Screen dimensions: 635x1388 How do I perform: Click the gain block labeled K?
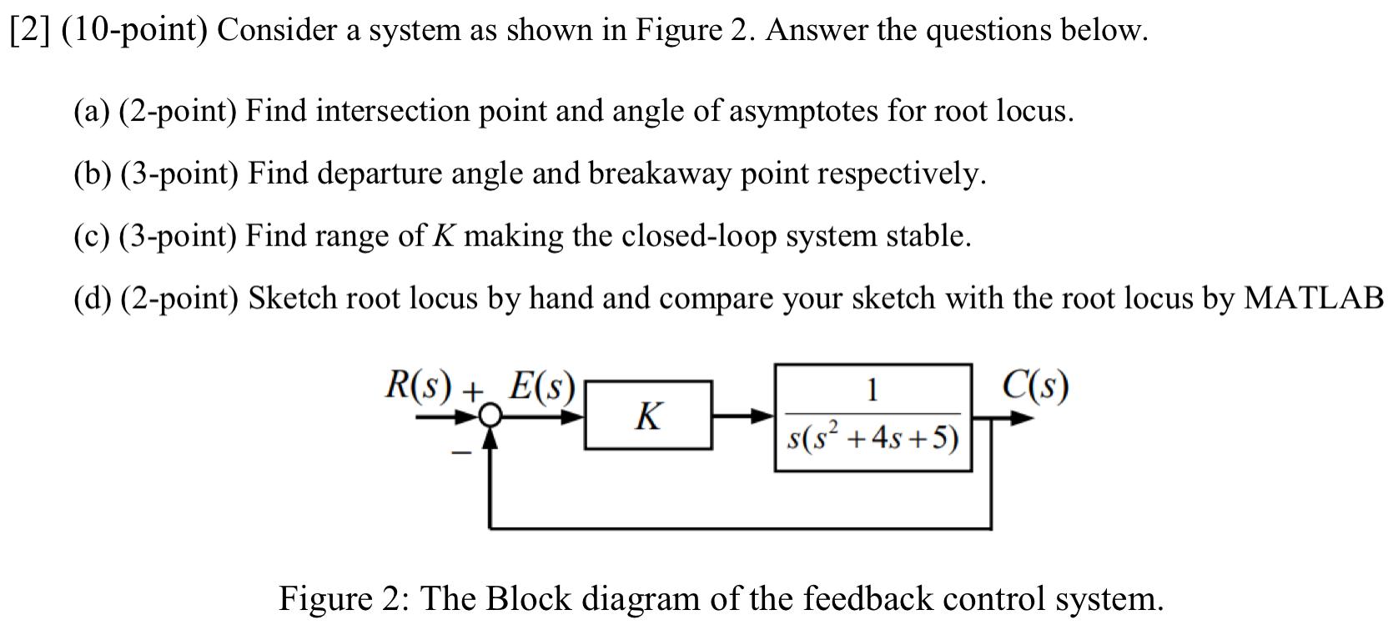649,415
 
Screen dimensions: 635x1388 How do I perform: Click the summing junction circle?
492,416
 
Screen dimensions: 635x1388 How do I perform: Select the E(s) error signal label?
542,386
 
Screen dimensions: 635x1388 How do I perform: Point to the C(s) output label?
1035,386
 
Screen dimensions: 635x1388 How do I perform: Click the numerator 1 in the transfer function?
872,390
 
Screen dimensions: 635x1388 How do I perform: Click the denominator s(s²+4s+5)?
873,437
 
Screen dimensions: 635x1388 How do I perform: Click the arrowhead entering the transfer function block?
764,415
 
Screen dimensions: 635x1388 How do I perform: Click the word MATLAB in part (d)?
1313,298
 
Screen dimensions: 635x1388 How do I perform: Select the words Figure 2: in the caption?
342,599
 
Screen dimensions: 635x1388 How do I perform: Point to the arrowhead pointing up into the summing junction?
492,437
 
